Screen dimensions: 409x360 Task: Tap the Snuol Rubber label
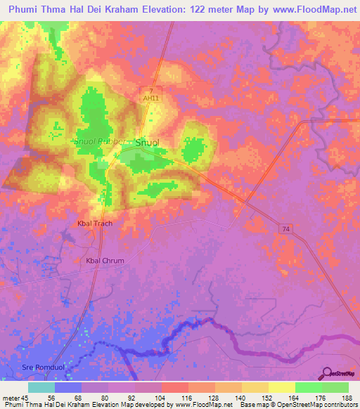(x=100, y=141)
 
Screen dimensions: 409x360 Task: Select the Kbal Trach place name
(x=94, y=223)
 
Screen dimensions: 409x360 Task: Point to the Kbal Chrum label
(x=105, y=261)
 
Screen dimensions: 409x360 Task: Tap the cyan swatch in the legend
(x=41, y=387)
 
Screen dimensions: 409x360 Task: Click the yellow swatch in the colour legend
(x=282, y=387)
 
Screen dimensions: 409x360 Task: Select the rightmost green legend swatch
(x=335, y=387)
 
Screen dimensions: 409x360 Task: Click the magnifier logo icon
(x=326, y=373)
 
